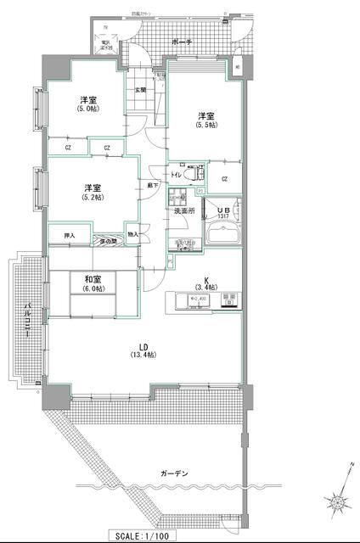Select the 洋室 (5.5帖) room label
(x=205, y=119)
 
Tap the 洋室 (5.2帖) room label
(x=93, y=191)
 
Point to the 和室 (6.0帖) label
(x=93, y=283)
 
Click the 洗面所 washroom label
(x=185, y=210)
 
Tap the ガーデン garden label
(x=172, y=473)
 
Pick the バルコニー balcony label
(x=28, y=321)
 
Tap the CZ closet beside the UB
(x=225, y=178)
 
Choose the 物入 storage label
(x=132, y=235)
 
